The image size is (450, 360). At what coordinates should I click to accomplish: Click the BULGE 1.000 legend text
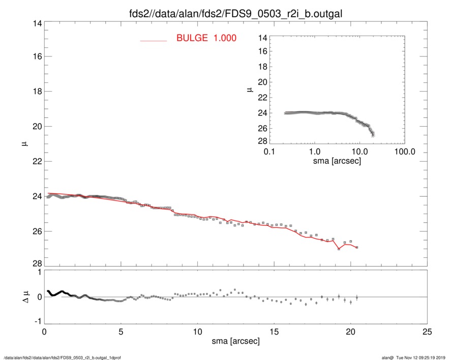pyautogui.click(x=206, y=38)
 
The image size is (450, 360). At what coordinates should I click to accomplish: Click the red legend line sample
pyautogui.click(x=153, y=41)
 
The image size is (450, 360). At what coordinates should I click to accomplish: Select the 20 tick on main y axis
pyautogui.click(x=35, y=127)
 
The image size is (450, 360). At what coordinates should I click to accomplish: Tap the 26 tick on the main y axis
pyautogui.click(x=35, y=231)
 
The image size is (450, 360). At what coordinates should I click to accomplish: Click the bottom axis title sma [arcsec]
pyautogui.click(x=235, y=341)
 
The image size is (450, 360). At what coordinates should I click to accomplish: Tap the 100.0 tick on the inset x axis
pyautogui.click(x=404, y=152)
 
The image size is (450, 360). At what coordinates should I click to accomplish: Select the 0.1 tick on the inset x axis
pyautogui.click(x=269, y=152)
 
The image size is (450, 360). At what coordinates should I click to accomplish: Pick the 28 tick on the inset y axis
pyautogui.click(x=262, y=141)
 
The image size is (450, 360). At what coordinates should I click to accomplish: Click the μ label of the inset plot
pyautogui.click(x=249, y=89)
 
